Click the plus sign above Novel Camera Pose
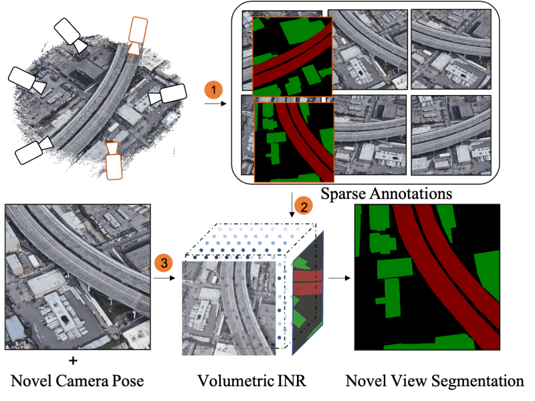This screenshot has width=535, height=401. click(73, 361)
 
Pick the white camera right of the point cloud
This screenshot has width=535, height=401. click(167, 96)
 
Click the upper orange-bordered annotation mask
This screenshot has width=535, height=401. click(292, 56)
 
